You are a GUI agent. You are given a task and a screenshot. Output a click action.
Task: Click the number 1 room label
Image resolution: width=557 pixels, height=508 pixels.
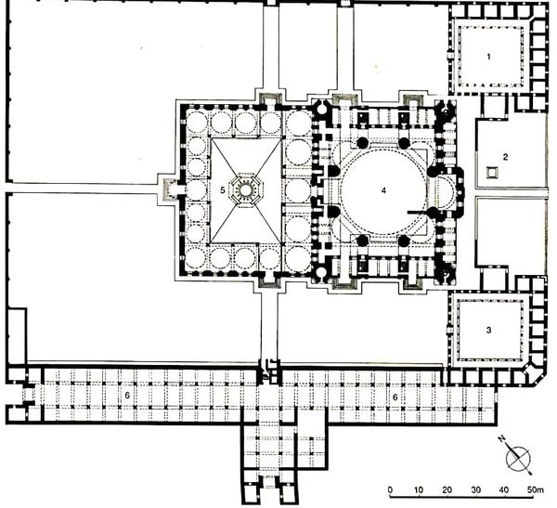489,57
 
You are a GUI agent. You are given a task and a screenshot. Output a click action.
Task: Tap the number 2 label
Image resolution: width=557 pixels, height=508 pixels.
506,157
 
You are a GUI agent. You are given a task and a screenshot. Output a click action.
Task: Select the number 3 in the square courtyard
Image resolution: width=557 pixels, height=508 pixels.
489,331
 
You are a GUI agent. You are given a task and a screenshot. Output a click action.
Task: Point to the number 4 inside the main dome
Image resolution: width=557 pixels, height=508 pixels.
383,191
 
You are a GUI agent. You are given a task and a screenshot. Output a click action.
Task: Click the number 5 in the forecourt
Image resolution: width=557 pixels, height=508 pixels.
223,190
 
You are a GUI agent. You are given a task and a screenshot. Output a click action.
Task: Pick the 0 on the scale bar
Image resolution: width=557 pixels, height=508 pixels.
391,490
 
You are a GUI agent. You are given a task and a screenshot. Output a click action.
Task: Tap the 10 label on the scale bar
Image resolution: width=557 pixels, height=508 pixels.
418,490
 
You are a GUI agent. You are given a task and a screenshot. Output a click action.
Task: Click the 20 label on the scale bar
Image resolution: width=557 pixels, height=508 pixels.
447,490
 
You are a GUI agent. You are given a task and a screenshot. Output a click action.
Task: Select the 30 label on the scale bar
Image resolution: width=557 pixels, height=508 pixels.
475,490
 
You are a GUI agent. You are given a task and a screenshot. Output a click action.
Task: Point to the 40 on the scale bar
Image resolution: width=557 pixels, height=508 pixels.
504,490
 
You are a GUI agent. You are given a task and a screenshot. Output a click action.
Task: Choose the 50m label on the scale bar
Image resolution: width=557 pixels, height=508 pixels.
535,490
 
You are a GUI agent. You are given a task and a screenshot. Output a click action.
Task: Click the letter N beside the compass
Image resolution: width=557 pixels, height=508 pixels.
502,439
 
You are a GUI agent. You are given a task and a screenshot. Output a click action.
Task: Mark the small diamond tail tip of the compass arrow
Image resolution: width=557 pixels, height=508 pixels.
530,473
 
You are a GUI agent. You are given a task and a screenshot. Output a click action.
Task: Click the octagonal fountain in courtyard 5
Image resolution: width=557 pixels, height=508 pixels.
245,190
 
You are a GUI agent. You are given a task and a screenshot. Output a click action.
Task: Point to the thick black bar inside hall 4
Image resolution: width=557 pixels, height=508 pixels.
420,213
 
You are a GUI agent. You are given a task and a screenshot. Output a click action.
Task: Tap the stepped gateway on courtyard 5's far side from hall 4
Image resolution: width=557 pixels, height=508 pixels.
170,189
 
